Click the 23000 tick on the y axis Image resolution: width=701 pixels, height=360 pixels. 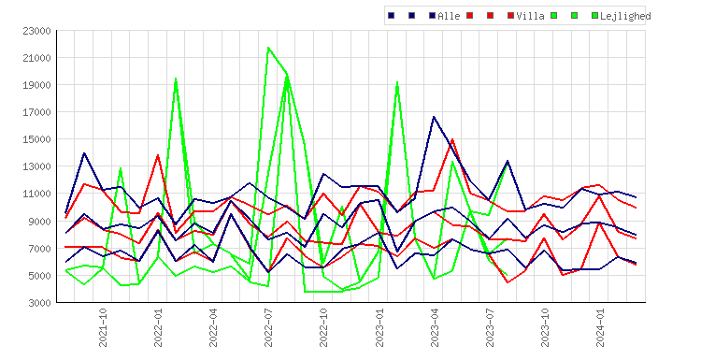click(x=36, y=31)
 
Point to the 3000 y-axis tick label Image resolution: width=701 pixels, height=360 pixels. click(x=39, y=303)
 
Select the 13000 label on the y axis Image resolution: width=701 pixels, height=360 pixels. click(x=36, y=166)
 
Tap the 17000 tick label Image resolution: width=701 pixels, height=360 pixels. click(x=36, y=112)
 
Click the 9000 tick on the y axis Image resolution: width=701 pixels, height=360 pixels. click(x=39, y=222)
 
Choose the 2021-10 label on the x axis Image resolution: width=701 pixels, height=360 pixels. click(x=103, y=327)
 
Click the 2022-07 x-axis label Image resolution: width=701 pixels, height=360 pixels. click(x=268, y=327)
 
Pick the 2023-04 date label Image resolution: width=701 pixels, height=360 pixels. click(x=434, y=327)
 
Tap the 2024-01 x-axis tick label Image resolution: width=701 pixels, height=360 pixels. click(x=600, y=327)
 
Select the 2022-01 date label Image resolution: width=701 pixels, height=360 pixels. click(x=158, y=327)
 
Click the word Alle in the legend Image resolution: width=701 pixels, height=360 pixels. click(x=449, y=16)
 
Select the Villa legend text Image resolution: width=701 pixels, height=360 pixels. click(x=530, y=16)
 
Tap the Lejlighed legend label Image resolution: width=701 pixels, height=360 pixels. click(x=625, y=16)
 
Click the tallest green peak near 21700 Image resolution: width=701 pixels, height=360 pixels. click(x=268, y=48)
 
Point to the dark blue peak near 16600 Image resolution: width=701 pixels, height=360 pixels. click(x=434, y=117)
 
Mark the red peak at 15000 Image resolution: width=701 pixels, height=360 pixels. click(x=452, y=139)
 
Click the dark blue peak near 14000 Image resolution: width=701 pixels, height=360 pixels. click(x=84, y=153)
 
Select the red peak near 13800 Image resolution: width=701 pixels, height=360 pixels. click(x=158, y=155)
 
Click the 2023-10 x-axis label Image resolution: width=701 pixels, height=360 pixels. click(x=545, y=327)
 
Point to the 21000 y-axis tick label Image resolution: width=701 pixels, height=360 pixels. click(x=36, y=58)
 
